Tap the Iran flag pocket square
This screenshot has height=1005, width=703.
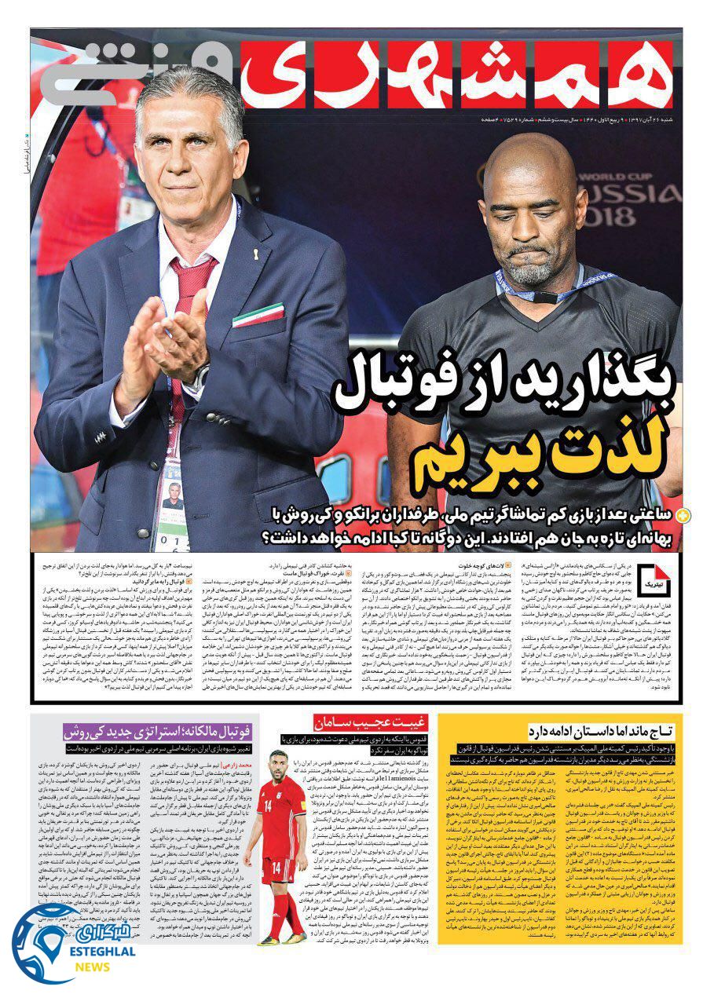coord(257,314)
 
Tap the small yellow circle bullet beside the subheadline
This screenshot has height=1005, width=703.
coord(683,515)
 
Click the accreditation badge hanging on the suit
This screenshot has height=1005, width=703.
coord(171,502)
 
